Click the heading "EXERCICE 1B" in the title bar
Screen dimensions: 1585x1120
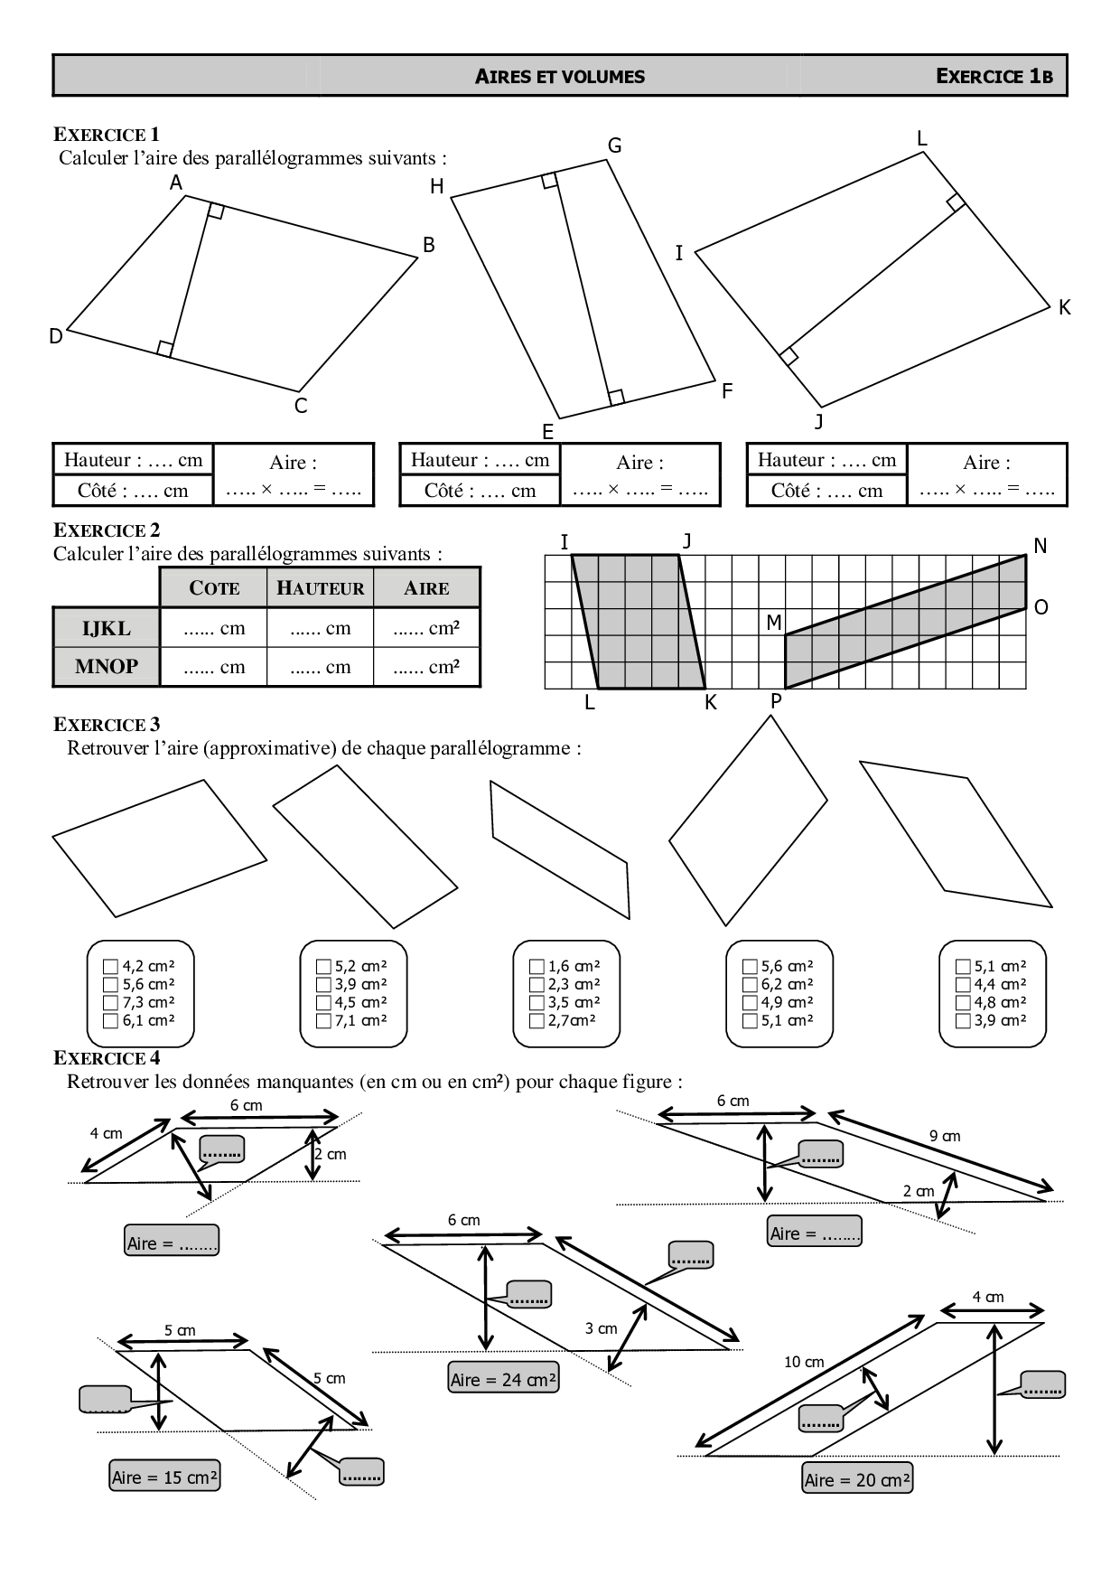pos(994,76)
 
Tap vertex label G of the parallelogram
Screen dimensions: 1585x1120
pos(614,145)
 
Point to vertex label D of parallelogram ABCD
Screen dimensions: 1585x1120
pos(56,336)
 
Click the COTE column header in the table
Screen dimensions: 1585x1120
pos(214,588)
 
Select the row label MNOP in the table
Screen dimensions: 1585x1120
pos(107,667)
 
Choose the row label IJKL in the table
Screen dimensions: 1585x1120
pos(107,628)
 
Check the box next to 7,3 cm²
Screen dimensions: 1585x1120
pos(111,1002)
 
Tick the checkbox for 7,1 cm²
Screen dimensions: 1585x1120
pos(324,1020)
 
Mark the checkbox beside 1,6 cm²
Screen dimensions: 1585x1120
pos(537,966)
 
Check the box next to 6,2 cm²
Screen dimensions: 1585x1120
pos(750,984)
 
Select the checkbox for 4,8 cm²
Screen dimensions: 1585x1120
pos(963,1002)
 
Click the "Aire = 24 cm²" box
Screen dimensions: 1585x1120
pos(504,1379)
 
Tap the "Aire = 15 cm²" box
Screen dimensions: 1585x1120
pos(164,1477)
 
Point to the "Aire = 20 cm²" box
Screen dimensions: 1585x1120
pos(857,1479)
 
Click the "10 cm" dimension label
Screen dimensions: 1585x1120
pos(804,1361)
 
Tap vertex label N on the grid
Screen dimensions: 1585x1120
pos(1040,546)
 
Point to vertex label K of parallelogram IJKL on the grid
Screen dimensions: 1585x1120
pos(711,702)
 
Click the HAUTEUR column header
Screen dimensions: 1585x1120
pos(321,588)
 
